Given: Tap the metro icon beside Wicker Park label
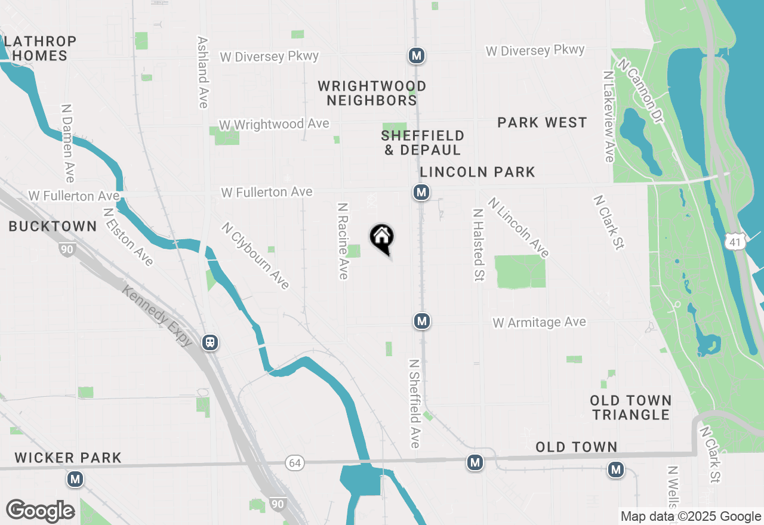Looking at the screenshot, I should (75, 478).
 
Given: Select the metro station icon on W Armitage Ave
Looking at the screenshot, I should (422, 321).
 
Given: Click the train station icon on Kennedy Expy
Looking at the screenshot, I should (210, 342).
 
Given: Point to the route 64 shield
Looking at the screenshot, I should (294, 463).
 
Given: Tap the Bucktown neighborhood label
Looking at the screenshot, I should (53, 226).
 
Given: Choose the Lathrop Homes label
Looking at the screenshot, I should (40, 48).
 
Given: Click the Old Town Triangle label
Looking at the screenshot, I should (631, 407).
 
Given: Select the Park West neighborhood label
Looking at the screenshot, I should (542, 122).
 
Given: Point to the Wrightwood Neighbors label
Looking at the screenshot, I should (372, 93).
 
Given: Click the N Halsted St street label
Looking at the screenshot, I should (478, 245).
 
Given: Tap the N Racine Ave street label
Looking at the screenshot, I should (343, 240).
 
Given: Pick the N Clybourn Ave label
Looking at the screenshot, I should (255, 255).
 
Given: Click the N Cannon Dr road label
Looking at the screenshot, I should (641, 91).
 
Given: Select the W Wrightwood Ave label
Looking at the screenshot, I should (274, 124).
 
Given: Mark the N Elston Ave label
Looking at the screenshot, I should (128, 236).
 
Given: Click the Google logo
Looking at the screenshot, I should (40, 511).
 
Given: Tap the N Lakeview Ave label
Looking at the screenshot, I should (608, 117).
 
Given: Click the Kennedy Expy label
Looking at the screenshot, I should (158, 316).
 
